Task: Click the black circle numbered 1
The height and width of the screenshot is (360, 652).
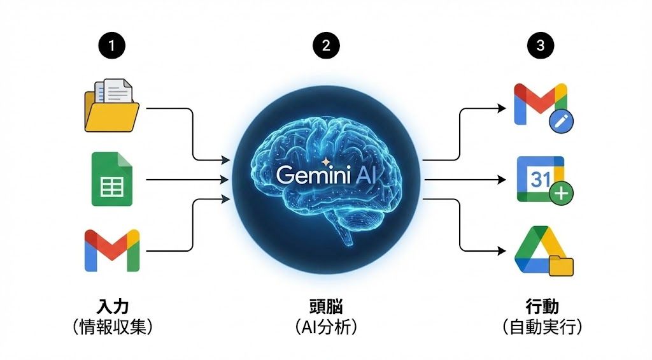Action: click(x=112, y=45)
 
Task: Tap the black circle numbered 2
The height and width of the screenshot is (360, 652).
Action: click(x=326, y=45)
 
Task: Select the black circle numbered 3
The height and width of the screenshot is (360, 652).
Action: click(x=541, y=45)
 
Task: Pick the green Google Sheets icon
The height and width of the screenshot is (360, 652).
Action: click(x=111, y=179)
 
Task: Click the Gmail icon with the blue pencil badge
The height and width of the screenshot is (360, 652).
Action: click(x=541, y=104)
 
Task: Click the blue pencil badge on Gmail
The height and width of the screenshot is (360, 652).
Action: click(x=563, y=120)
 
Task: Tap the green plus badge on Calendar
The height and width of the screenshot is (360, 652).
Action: click(x=562, y=194)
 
